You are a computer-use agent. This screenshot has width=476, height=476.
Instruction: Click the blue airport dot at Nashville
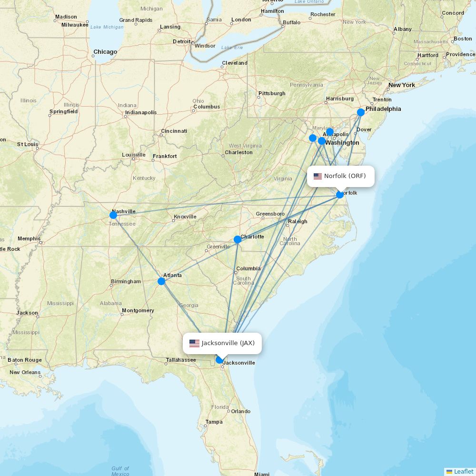click(x=113, y=215)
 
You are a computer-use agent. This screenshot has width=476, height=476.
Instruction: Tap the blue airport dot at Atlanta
click(x=161, y=281)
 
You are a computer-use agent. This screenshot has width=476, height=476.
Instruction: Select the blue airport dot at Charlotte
click(x=238, y=239)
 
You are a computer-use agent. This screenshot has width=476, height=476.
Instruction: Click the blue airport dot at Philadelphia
click(x=361, y=112)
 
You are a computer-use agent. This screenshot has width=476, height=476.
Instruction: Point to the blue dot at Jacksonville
click(x=219, y=360)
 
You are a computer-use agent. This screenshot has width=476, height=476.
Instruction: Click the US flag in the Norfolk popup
click(x=317, y=176)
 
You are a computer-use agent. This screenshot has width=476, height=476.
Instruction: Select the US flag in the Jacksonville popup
click(x=194, y=343)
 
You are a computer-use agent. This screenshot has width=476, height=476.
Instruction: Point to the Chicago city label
click(x=105, y=52)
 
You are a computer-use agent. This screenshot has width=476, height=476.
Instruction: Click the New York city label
click(x=401, y=85)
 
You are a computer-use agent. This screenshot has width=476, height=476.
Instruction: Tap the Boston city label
click(x=463, y=39)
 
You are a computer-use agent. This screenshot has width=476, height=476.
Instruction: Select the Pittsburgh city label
click(x=272, y=93)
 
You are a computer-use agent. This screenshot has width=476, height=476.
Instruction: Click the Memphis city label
click(x=29, y=238)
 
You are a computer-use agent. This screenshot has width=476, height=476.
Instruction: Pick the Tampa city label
click(x=214, y=422)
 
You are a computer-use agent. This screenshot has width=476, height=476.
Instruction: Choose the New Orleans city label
click(x=25, y=372)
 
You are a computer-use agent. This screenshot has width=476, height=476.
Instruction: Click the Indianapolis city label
click(x=140, y=113)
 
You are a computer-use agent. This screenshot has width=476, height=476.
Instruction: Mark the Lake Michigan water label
click(x=107, y=27)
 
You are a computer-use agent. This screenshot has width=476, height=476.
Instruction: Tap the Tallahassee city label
click(x=181, y=360)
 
